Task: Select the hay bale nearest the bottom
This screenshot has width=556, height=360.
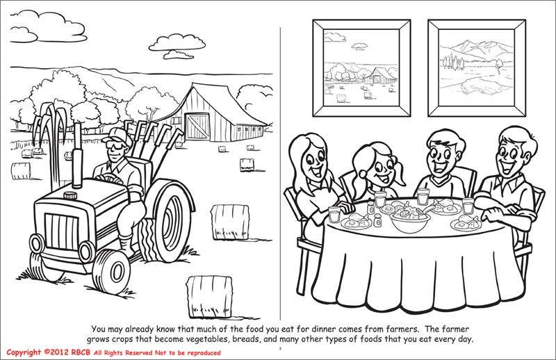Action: (210, 293)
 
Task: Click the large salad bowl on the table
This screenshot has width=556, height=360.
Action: (410, 222)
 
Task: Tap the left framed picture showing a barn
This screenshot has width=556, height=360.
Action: (361, 69)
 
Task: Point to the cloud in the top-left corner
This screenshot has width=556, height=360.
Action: (39, 27)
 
